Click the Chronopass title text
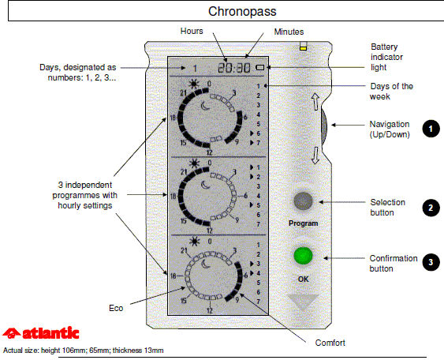[242, 12]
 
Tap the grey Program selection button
[303, 201]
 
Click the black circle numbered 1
[431, 129]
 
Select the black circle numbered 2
[431, 208]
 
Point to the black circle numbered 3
[431, 262]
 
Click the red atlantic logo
[41, 333]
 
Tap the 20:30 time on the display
[234, 68]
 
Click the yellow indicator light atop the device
[304, 48]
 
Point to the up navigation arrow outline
[315, 102]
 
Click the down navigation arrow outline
[315, 156]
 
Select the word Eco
[116, 308]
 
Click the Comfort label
[330, 343]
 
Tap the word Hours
[192, 31]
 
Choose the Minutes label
[289, 32]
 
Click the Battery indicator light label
[386, 57]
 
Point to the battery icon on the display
[260, 67]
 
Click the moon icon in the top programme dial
[206, 106]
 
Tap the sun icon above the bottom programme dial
[194, 242]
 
